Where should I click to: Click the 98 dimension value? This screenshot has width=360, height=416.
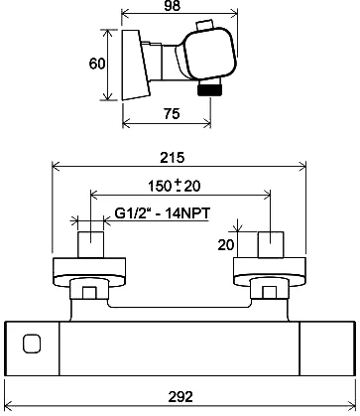click(173, 6)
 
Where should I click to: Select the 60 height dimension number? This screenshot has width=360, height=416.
click(97, 64)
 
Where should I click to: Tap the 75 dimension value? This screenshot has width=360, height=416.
click(172, 114)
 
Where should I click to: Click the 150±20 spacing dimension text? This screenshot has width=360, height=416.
click(175, 186)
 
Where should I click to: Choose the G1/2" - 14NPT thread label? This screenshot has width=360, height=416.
click(163, 213)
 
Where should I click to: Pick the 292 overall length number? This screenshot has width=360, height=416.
click(180, 396)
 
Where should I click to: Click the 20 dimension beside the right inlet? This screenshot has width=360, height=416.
click(226, 245)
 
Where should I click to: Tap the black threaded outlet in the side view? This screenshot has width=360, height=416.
click(210, 89)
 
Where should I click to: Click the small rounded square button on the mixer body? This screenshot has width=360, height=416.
click(32, 344)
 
